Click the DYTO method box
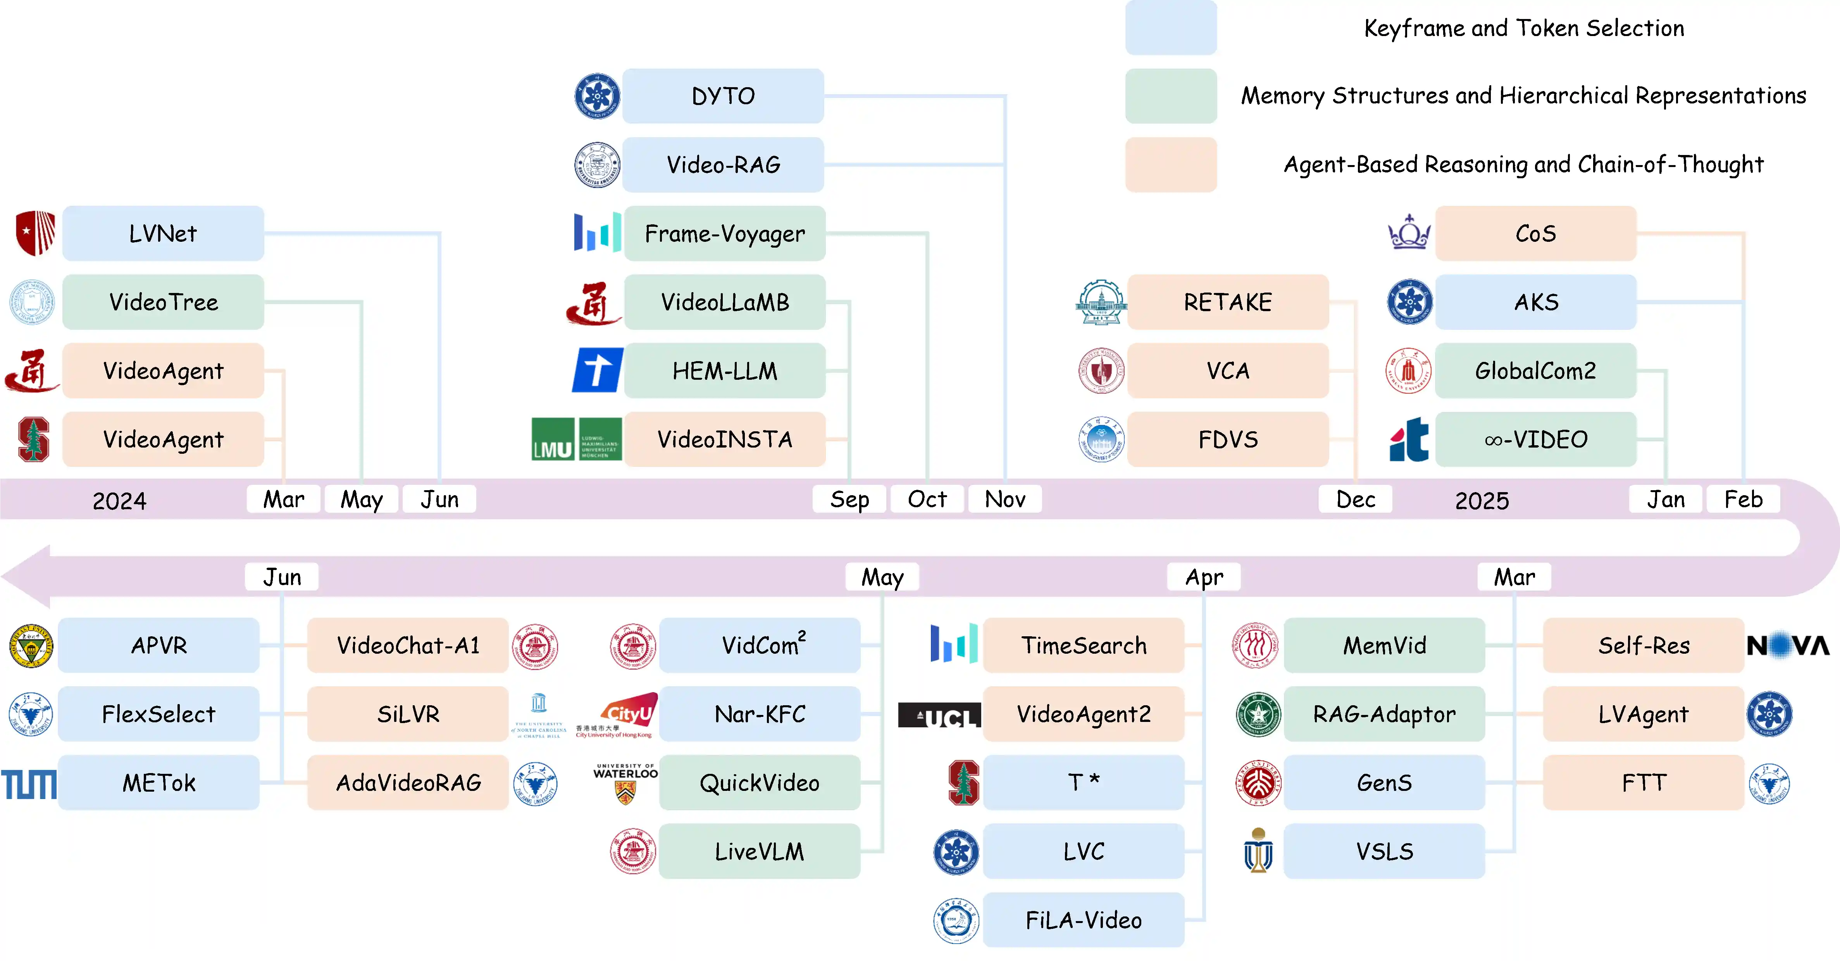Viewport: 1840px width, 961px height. pyautogui.click(x=723, y=96)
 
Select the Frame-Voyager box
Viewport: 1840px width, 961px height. pyautogui.click(x=724, y=233)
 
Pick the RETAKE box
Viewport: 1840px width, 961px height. pyautogui.click(x=1227, y=302)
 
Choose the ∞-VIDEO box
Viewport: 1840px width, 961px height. pyautogui.click(x=1536, y=439)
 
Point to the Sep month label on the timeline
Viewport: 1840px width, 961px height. pyautogui.click(x=849, y=499)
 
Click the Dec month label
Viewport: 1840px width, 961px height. pyautogui.click(x=1355, y=499)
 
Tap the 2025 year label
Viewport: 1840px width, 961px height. pyautogui.click(x=1482, y=501)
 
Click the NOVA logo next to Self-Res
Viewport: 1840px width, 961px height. pyautogui.click(x=1788, y=646)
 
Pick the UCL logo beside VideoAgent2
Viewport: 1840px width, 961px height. pyautogui.click(x=939, y=715)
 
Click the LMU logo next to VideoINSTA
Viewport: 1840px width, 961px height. pyautogui.click(x=576, y=439)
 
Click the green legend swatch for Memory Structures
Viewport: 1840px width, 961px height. pyautogui.click(x=1171, y=96)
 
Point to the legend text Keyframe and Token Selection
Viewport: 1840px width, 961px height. pyautogui.click(x=1523, y=28)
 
